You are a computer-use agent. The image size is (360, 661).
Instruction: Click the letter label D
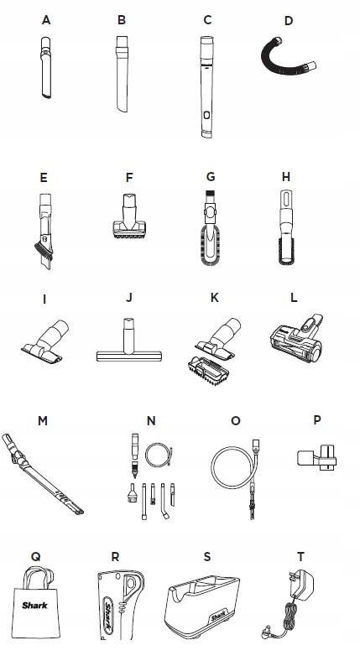click(289, 21)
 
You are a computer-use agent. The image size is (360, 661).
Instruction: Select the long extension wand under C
click(206, 86)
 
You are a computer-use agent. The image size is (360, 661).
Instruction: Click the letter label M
click(43, 421)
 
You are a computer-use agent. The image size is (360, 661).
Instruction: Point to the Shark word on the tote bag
click(35, 606)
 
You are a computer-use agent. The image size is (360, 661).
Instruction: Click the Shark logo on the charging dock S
click(218, 617)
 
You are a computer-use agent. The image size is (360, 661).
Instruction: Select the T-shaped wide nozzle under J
click(128, 341)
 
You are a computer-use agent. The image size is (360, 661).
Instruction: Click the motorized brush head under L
click(296, 336)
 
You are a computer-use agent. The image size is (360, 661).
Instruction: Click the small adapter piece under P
click(317, 458)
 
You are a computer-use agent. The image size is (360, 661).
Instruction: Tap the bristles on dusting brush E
click(43, 250)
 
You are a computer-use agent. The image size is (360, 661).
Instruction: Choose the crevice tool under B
click(122, 74)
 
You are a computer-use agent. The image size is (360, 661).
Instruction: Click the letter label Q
click(36, 557)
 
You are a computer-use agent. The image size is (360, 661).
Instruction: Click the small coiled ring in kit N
click(159, 455)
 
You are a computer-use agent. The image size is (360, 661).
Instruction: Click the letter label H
click(286, 177)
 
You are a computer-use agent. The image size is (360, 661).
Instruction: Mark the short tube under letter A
click(45, 67)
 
